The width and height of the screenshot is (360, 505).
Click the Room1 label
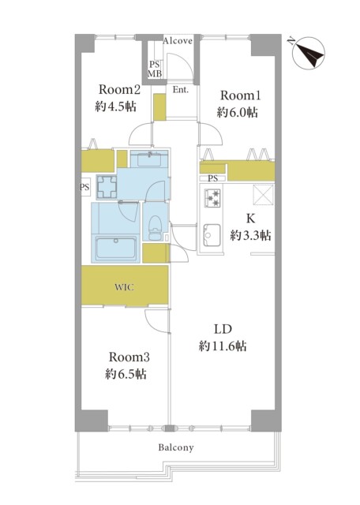pyautogui.click(x=240, y=95)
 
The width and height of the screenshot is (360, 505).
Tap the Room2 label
pyautogui.click(x=119, y=89)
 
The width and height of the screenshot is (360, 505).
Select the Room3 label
pyautogui.click(x=129, y=357)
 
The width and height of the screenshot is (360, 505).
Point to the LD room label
pyautogui.click(x=223, y=329)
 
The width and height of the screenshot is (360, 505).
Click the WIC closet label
pyautogui.click(x=125, y=287)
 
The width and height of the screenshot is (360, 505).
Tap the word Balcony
pyautogui.click(x=176, y=447)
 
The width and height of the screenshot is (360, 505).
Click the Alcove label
pyautogui.click(x=178, y=41)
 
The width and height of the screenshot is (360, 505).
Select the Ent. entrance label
pyautogui.click(x=181, y=90)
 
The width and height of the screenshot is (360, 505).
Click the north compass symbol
pyautogui.click(x=309, y=53)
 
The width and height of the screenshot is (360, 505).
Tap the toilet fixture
pyautogui.click(x=156, y=227)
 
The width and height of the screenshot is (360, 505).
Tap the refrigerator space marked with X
pyautogui.click(x=264, y=195)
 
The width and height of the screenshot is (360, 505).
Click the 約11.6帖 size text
pyautogui.click(x=223, y=346)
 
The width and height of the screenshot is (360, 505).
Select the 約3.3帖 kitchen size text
pyautogui.click(x=250, y=235)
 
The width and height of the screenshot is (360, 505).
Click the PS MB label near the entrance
pyautogui.click(x=155, y=69)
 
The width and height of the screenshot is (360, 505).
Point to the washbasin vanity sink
pyautogui.click(x=149, y=159)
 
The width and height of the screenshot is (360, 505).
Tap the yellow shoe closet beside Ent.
pyautogui.click(x=159, y=107)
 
